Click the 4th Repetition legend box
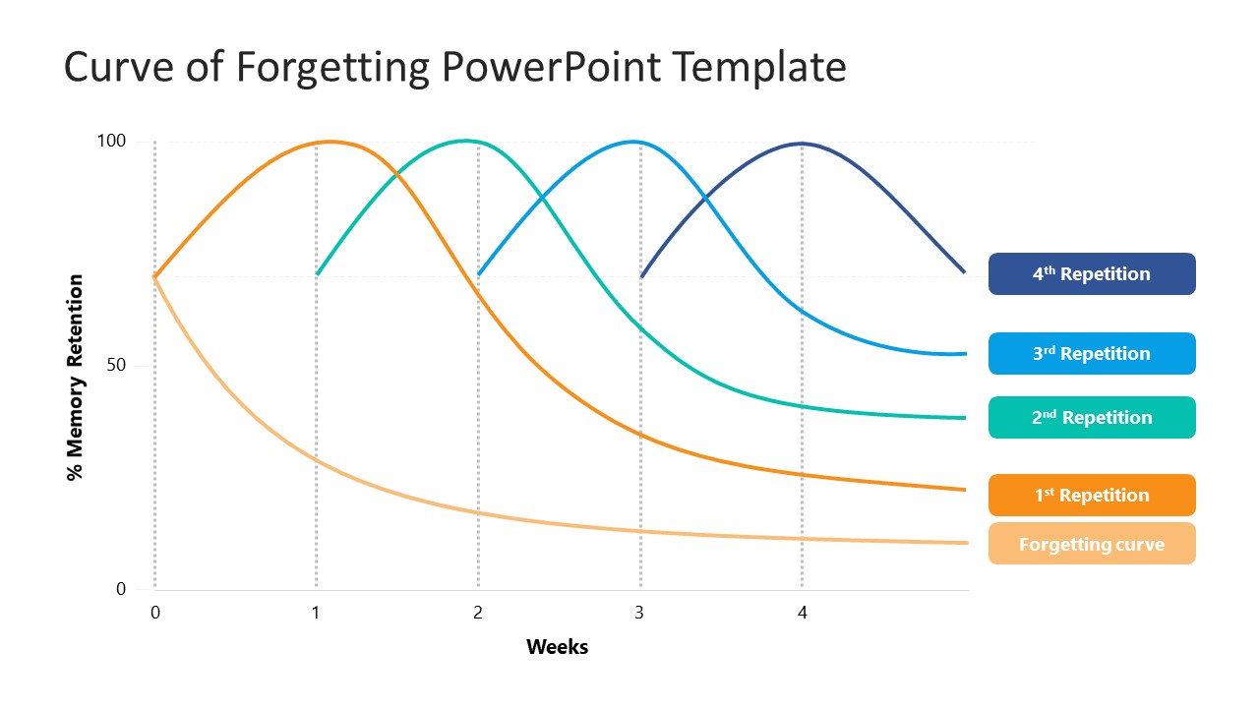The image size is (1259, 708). tap(1092, 274)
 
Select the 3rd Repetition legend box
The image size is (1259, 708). tap(1092, 354)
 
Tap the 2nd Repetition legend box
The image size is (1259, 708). tap(1092, 418)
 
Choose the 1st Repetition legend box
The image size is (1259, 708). tap(1092, 496)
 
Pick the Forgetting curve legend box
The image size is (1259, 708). tap(1092, 544)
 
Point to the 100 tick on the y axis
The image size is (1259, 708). tap(112, 142)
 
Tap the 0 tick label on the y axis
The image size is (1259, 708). tap(121, 589)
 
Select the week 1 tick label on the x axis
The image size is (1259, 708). tap(316, 613)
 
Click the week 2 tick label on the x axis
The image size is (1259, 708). tap(478, 613)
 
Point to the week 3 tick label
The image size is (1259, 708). tap(639, 613)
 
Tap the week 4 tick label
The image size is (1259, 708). tap(802, 613)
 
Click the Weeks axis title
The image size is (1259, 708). tap(557, 647)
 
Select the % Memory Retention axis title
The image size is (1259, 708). tap(75, 378)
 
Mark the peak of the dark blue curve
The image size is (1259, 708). tap(803, 144)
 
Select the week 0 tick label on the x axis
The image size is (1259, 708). tap(154, 613)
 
